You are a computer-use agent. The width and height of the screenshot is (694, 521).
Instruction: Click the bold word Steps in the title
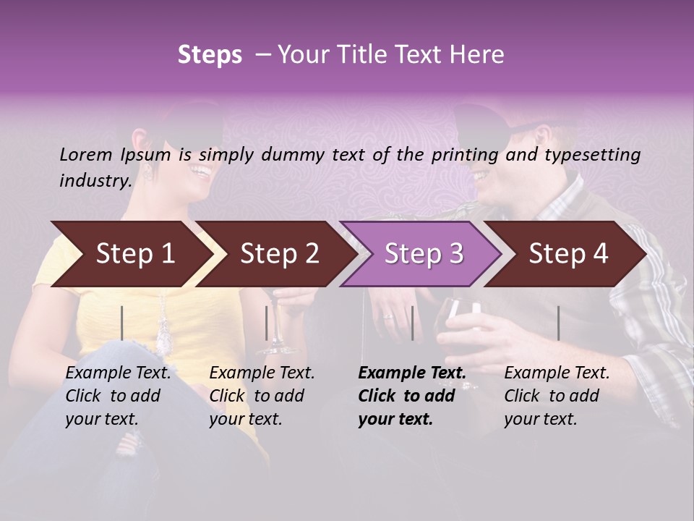click(210, 55)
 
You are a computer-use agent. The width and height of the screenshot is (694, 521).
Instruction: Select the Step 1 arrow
click(130, 254)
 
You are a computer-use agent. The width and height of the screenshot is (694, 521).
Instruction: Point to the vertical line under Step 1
click(122, 323)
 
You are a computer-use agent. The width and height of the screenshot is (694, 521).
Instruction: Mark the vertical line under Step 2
click(267, 323)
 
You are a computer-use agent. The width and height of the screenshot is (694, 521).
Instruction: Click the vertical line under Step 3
click(412, 323)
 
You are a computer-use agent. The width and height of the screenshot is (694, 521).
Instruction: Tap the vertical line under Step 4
click(558, 323)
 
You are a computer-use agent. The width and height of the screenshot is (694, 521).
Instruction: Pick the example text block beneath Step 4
click(557, 396)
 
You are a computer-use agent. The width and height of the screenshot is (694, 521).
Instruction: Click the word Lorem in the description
click(86, 154)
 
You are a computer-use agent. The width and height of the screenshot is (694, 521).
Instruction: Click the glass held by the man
click(460, 318)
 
